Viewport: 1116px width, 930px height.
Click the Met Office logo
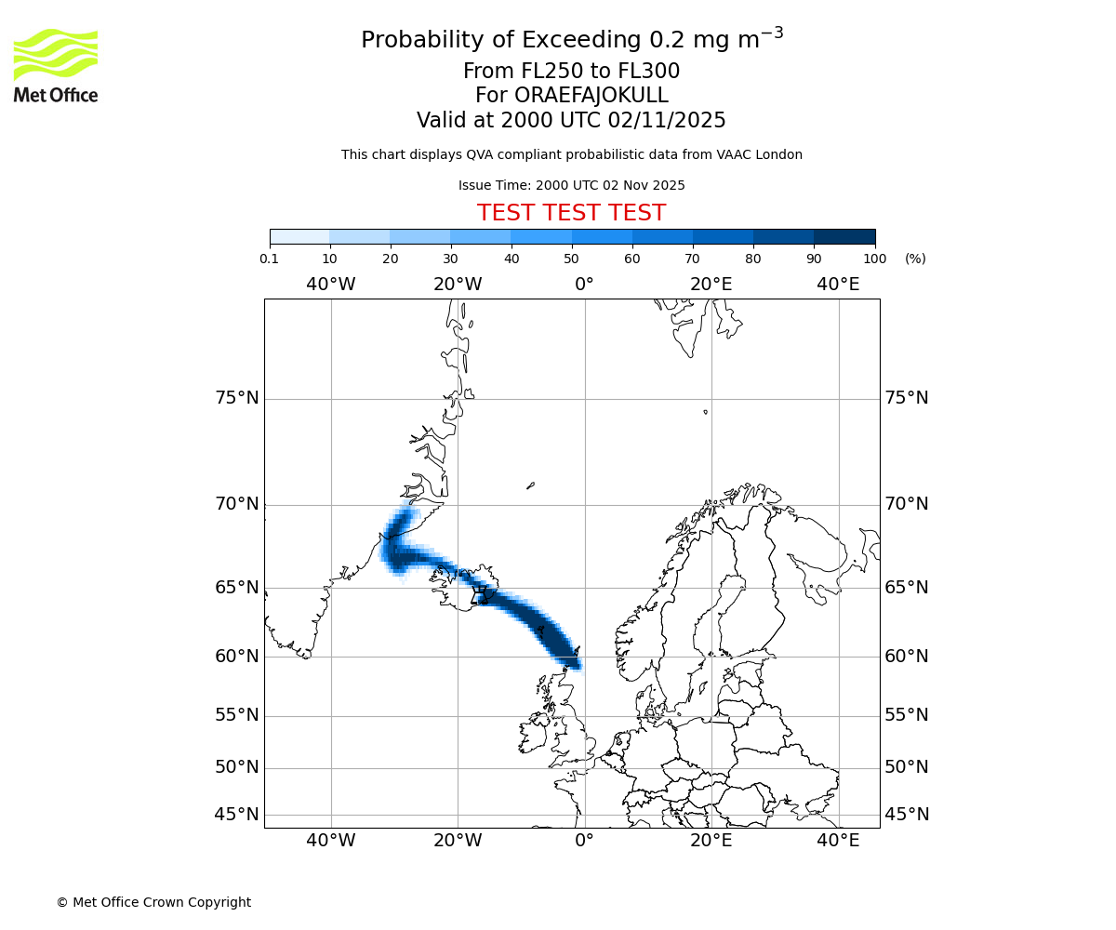point(56,65)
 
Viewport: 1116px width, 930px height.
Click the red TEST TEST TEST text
point(571,213)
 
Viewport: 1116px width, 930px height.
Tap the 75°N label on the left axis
point(237,398)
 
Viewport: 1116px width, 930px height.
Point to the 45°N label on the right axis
point(906,815)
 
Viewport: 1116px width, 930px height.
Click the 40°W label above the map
point(331,284)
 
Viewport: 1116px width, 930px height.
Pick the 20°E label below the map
point(711,841)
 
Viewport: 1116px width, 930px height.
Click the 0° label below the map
point(584,841)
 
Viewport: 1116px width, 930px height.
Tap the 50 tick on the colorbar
point(572,259)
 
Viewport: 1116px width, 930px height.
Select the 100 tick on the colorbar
point(875,259)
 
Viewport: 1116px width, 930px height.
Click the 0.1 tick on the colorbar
point(270,259)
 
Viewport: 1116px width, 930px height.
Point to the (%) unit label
point(915,259)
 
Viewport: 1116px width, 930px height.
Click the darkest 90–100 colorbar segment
point(844,236)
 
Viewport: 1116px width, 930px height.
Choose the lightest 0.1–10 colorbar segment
point(299,236)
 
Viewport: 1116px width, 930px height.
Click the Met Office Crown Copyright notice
point(153,902)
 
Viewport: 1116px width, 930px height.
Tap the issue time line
point(571,185)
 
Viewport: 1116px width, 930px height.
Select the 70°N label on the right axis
point(906,504)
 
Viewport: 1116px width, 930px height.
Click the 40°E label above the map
point(838,284)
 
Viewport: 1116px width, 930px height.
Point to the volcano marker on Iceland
point(481,593)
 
